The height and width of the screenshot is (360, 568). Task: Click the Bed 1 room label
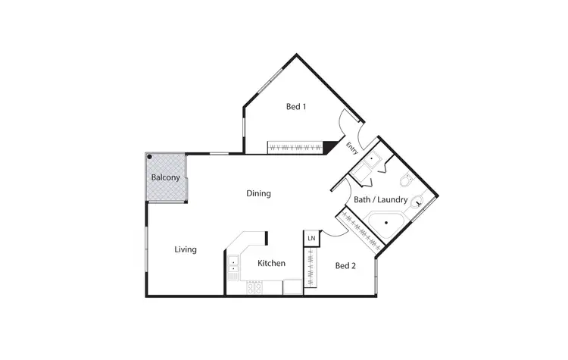(296, 107)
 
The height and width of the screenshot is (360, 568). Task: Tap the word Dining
(258, 193)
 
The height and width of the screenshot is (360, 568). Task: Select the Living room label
(186, 249)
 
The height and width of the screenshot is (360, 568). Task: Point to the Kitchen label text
(271, 264)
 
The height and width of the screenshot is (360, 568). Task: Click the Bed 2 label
(345, 265)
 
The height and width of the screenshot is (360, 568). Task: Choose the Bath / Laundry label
(381, 200)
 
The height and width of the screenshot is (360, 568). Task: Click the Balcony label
(166, 178)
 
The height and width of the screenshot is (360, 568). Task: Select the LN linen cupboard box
(311, 238)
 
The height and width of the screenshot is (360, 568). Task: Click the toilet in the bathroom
(406, 182)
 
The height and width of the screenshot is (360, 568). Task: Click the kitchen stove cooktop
(254, 288)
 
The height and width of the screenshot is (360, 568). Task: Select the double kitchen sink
(233, 265)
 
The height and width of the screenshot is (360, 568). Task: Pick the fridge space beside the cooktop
(292, 288)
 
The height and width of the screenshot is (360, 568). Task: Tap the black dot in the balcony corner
(150, 158)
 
